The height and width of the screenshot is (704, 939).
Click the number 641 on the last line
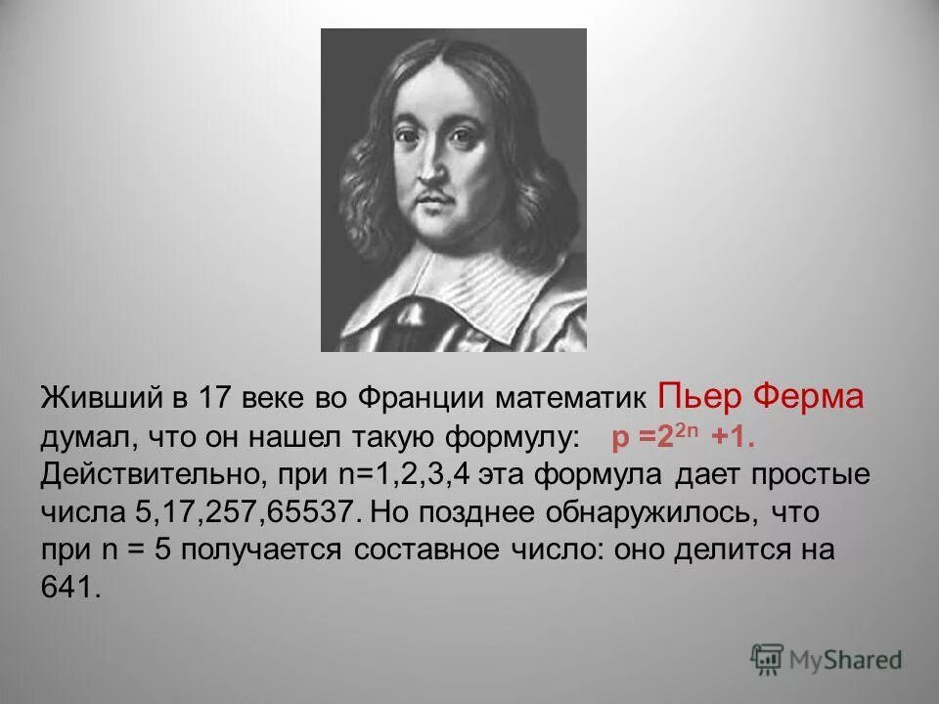click(x=70, y=589)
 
